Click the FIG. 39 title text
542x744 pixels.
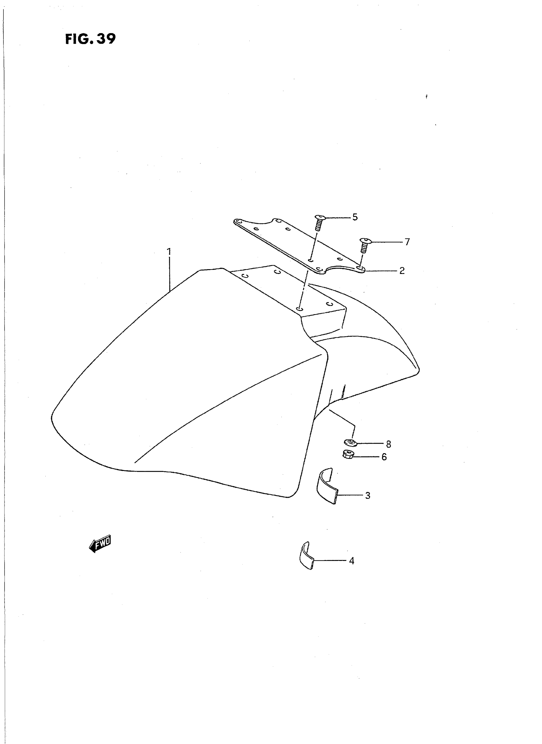[91, 39]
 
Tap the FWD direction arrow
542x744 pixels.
[100, 545]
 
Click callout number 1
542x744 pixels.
[169, 252]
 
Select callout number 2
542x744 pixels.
[402, 271]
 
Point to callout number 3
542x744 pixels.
[368, 496]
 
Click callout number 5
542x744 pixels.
[355, 217]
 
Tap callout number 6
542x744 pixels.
[384, 457]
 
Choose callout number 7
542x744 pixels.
[407, 242]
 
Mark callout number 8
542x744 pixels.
[388, 444]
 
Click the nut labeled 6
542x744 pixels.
[348, 455]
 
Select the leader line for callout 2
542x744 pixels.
[381, 271]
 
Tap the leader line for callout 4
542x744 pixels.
[330, 561]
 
